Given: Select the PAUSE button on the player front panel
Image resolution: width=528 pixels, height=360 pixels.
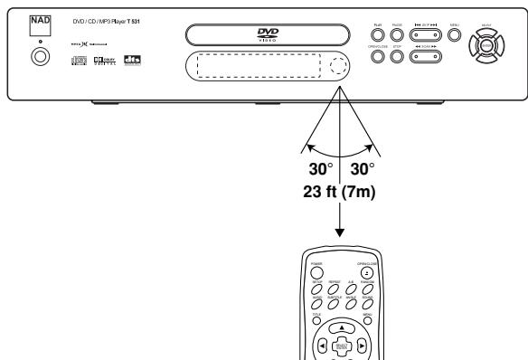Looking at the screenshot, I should pyautogui.click(x=398, y=36).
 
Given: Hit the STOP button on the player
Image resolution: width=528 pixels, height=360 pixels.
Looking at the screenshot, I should pyautogui.click(x=398, y=57).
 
